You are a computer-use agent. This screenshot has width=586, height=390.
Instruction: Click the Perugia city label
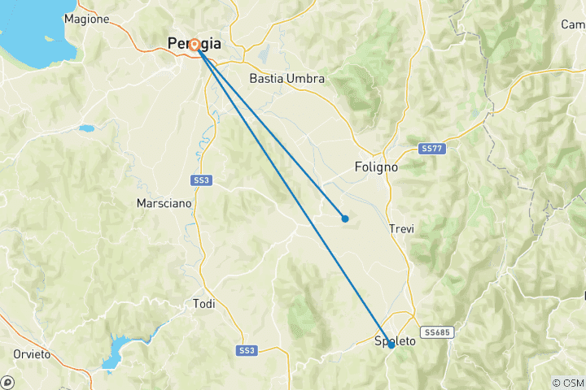[194, 44]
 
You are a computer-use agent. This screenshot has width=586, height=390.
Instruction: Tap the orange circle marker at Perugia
[195, 45]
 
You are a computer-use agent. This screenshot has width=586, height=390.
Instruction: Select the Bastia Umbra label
[286, 79]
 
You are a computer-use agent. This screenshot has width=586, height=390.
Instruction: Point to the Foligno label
[377, 167]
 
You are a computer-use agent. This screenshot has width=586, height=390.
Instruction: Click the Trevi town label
[402, 229]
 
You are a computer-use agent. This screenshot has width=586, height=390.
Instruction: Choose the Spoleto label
[395, 341]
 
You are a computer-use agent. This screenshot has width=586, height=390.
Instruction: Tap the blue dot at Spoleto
[391, 345]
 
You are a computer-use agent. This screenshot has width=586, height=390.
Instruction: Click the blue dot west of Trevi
[345, 218]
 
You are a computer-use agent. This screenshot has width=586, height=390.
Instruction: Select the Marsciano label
[166, 203]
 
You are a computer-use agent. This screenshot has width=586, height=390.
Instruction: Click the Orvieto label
[32, 354]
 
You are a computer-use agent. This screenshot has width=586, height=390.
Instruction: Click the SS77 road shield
[432, 149]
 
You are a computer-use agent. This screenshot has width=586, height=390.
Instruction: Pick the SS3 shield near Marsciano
[202, 180]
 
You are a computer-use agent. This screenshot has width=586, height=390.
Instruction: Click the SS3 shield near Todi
[246, 350]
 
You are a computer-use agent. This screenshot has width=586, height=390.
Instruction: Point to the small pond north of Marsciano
[85, 128]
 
